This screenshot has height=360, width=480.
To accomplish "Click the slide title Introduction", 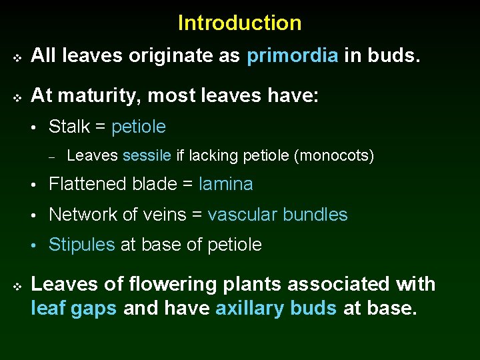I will pos(239,23).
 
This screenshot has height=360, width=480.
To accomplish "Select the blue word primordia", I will pos(292,57).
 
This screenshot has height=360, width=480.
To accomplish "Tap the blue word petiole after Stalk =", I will pos(139,127).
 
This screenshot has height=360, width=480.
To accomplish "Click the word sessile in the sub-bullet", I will pos(147,156).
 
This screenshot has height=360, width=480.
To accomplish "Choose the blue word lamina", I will pos(226,184).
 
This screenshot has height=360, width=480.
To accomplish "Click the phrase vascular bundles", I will pos(277,215).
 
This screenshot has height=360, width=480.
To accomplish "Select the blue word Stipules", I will pos(82,245).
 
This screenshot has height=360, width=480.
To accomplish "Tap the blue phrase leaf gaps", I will pos(73,309).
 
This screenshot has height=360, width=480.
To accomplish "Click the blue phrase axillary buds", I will pos(276,309).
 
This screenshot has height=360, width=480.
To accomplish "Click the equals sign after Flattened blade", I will pos(189,185).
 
